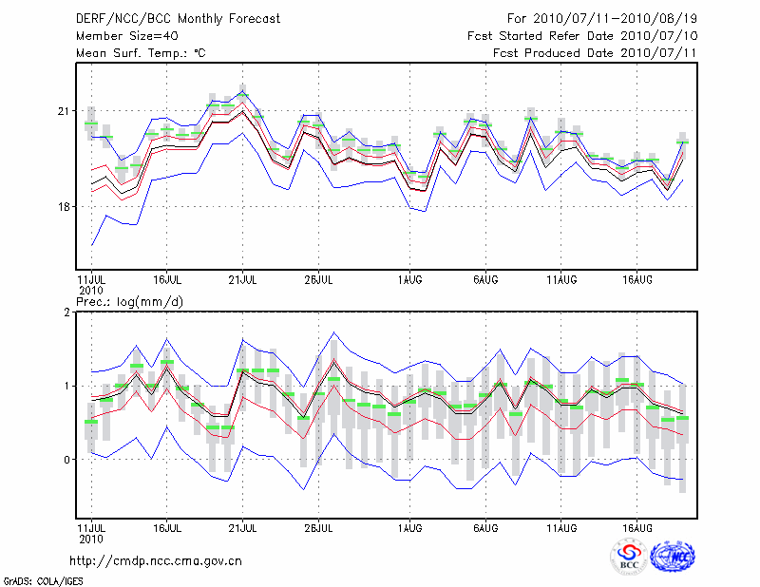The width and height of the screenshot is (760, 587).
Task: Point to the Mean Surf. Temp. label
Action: point(142,53)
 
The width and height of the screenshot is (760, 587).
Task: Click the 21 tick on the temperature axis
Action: point(65,112)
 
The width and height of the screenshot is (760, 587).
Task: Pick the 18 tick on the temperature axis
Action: point(65,207)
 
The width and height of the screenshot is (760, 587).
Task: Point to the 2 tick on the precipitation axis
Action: point(67,312)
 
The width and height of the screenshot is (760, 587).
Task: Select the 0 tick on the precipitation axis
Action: point(67,460)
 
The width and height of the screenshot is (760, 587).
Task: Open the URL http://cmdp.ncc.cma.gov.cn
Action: point(156,560)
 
